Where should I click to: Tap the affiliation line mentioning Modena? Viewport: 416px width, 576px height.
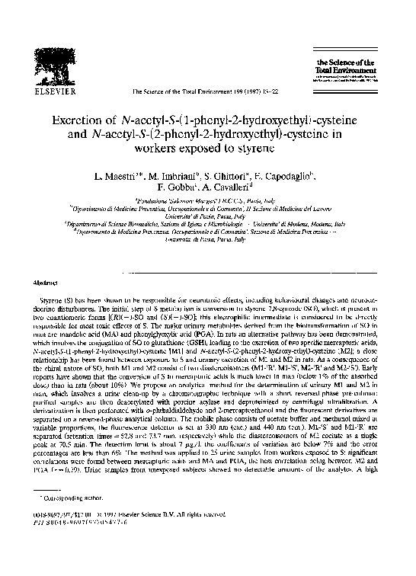point(208,225)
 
